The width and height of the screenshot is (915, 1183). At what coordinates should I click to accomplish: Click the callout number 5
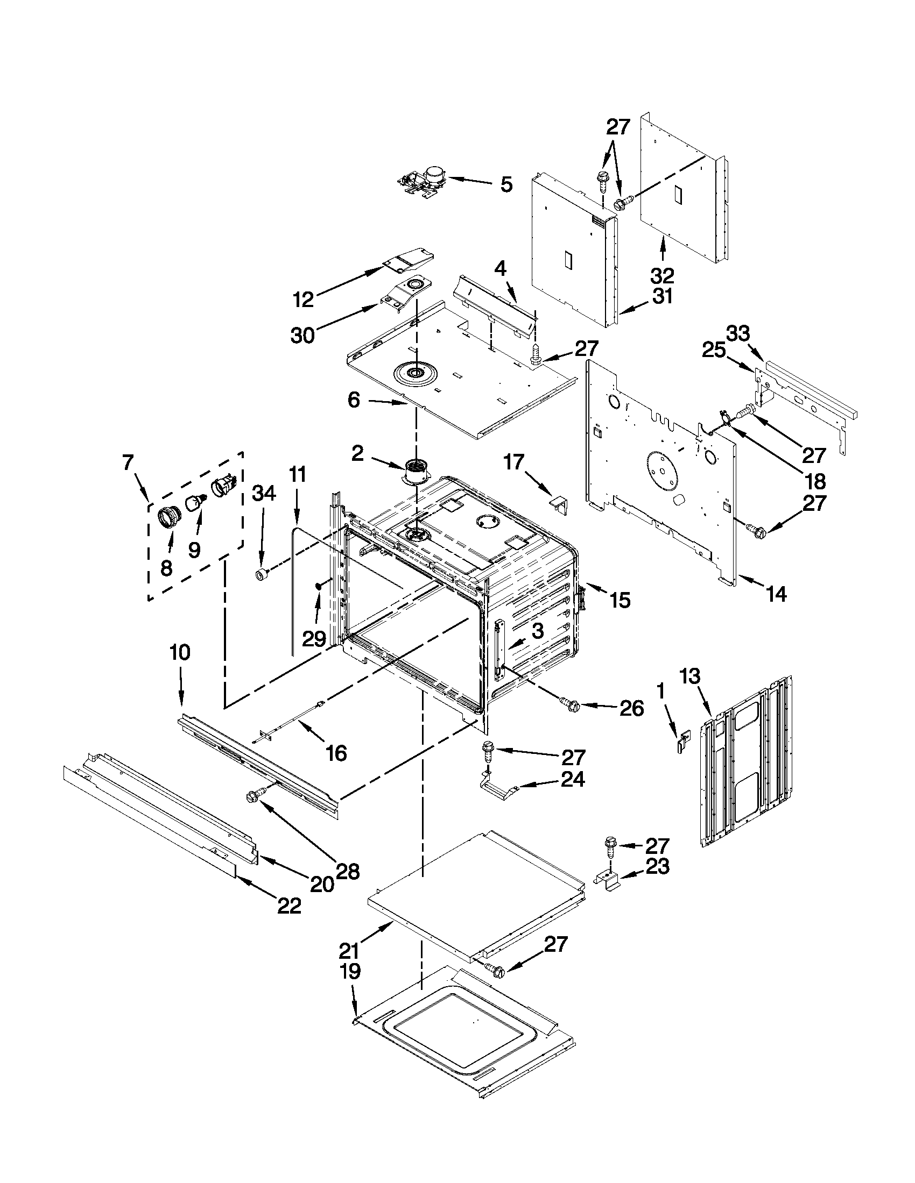click(x=505, y=184)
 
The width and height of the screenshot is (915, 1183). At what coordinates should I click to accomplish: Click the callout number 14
click(x=776, y=594)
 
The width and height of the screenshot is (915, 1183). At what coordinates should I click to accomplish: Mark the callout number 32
click(x=662, y=276)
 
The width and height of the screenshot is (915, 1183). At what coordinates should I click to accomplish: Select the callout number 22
click(x=289, y=905)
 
